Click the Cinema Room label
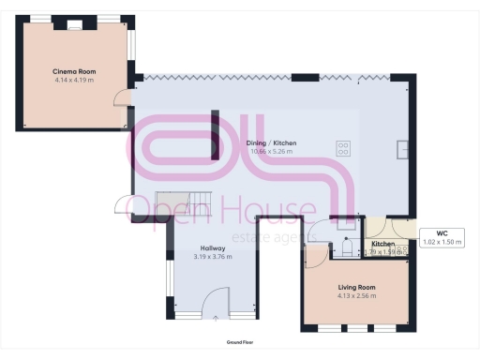pos(74,71)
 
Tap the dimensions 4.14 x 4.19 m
pos(74,80)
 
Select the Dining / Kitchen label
pos(270,142)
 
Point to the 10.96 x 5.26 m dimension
pos(270,151)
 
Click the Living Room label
pos(356,287)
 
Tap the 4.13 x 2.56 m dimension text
pos(356,295)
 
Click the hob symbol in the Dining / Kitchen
pos(343,147)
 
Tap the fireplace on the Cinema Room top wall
pos(74,25)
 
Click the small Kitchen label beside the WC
pos(382,244)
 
